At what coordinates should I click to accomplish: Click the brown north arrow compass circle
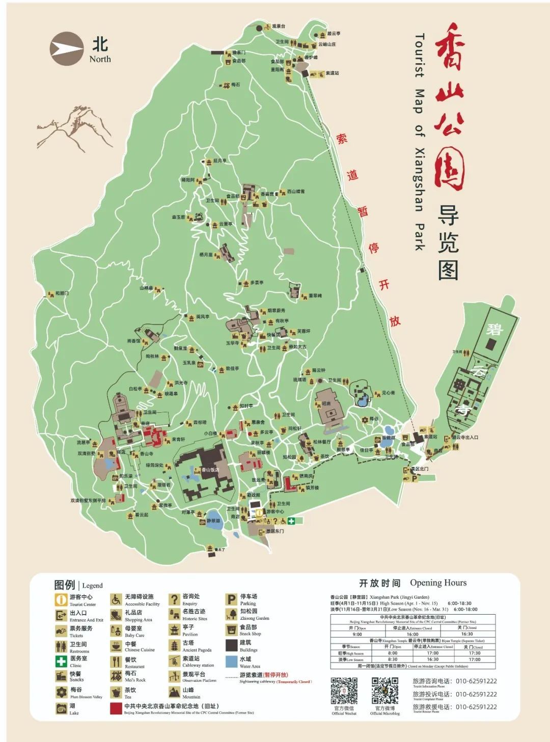pyautogui.click(x=66, y=48)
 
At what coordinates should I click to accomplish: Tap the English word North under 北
pyautogui.click(x=100, y=59)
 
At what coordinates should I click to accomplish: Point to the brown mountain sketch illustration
pyautogui.click(x=74, y=132)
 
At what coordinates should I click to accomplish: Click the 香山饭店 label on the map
pyautogui.click(x=210, y=470)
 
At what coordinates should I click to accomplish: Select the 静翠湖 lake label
pyautogui.click(x=213, y=521)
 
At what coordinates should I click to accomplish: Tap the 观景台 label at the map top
pyautogui.click(x=278, y=26)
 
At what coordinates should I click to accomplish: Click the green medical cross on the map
pyautogui.click(x=291, y=520)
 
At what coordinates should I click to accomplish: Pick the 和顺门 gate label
pyautogui.click(x=62, y=294)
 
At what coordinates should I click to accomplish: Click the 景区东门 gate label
pyautogui.click(x=274, y=531)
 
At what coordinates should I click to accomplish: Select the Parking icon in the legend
pyautogui.click(x=232, y=599)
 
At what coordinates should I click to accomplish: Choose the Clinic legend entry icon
pyautogui.click(x=61, y=661)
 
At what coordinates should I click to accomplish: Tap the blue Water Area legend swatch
pyautogui.click(x=232, y=661)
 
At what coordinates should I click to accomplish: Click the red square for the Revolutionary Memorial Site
pyautogui.click(x=116, y=708)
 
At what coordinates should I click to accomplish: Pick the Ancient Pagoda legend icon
pyautogui.click(x=174, y=646)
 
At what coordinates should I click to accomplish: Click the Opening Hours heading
pyautogui.click(x=413, y=583)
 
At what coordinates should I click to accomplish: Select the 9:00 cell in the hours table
pyautogui.click(x=358, y=634)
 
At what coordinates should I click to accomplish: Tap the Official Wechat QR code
pyautogui.click(x=344, y=691)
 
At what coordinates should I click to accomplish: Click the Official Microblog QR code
pyautogui.click(x=384, y=691)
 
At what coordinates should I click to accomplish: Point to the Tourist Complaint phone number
pyautogui.click(x=476, y=694)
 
